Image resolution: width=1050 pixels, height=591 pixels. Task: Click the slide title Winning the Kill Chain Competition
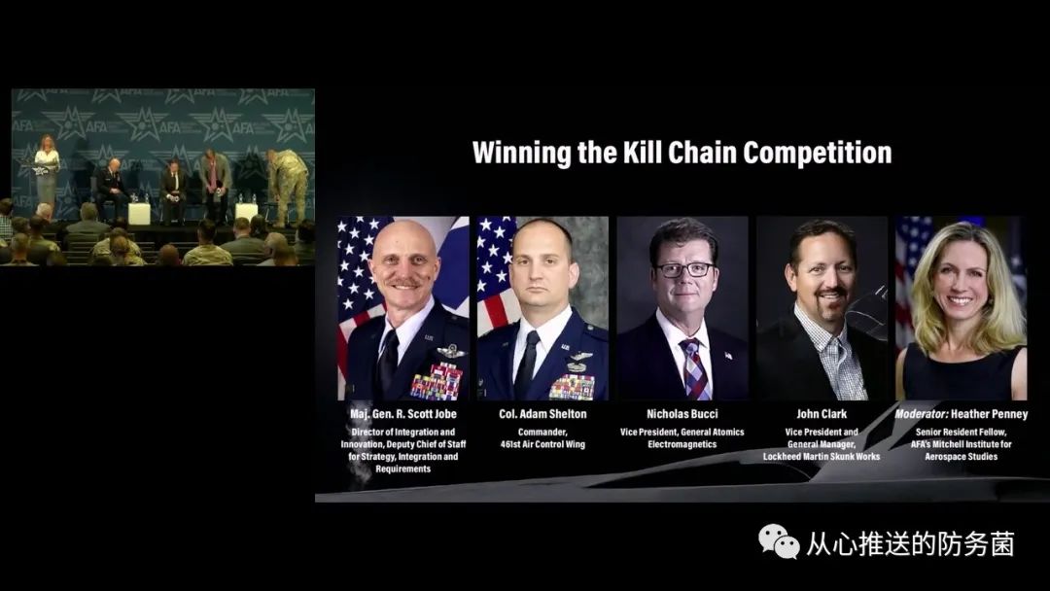pyautogui.click(x=682, y=154)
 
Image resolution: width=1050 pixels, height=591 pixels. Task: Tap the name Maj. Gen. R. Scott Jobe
pyautogui.click(x=403, y=414)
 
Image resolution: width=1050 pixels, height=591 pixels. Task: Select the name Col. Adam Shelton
pyautogui.click(x=542, y=414)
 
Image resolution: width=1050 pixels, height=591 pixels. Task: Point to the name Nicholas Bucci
pyautogui.click(x=682, y=414)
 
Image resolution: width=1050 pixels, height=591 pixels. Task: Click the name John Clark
pyautogui.click(x=822, y=414)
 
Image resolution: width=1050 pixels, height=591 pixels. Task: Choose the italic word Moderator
pyautogui.click(x=922, y=414)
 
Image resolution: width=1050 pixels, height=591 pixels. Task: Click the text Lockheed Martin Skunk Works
pyautogui.click(x=822, y=457)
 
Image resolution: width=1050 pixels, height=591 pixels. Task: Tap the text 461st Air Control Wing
pyautogui.click(x=542, y=444)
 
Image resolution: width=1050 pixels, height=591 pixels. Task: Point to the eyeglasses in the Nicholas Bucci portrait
pyautogui.click(x=683, y=269)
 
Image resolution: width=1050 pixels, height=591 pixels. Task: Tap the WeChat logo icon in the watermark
pyautogui.click(x=779, y=541)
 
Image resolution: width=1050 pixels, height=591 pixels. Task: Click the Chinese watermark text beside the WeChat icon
pyautogui.click(x=910, y=543)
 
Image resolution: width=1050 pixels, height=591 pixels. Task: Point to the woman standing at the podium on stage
pyautogui.click(x=47, y=171)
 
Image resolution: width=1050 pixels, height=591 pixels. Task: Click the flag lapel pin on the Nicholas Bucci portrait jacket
pyautogui.click(x=727, y=356)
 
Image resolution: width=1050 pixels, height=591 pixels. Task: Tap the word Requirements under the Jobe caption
pyautogui.click(x=403, y=469)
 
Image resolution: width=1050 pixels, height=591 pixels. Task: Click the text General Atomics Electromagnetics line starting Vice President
pyautogui.click(x=682, y=438)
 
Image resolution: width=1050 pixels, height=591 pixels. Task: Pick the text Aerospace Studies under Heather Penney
pyautogui.click(x=961, y=457)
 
